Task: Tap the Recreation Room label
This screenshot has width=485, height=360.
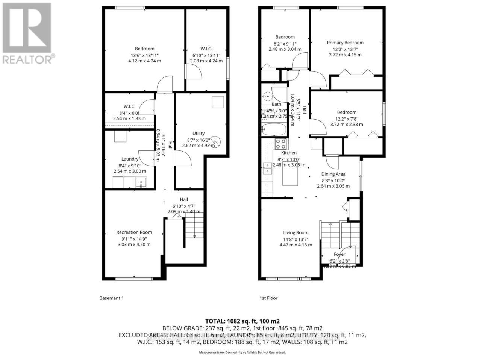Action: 134,232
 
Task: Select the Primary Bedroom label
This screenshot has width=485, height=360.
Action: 345,43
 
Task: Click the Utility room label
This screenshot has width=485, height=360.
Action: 198,133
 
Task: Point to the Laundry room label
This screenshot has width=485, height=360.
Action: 130,159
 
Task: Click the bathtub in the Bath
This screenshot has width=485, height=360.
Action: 274,129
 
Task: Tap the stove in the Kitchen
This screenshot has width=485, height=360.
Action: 281,143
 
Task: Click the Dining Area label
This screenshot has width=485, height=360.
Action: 333,174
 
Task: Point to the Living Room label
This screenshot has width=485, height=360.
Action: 296,232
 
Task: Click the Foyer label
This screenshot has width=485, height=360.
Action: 339,254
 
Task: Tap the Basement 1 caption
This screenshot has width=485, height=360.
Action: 111,298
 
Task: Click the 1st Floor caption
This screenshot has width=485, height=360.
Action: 268,298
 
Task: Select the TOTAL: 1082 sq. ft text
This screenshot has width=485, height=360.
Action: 242,321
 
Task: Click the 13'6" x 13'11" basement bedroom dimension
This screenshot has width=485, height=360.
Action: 144,55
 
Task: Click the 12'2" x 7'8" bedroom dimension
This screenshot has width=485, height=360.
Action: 346,118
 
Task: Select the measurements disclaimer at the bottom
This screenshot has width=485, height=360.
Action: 242,352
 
